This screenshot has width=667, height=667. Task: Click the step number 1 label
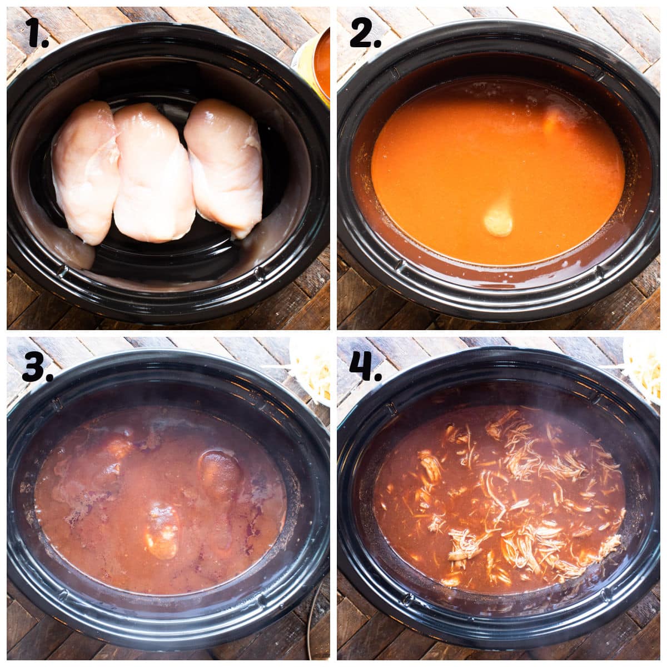click(x=37, y=34)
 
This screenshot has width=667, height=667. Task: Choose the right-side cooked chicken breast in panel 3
click(x=221, y=475)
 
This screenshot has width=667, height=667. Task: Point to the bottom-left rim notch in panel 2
click(x=392, y=271)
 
